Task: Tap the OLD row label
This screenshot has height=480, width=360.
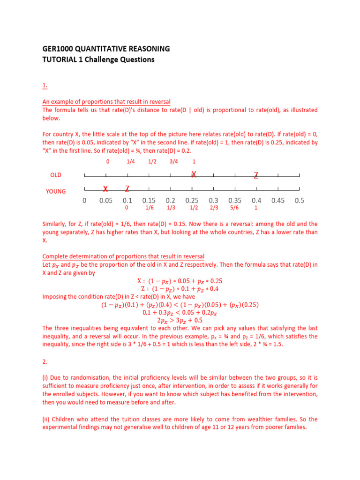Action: pos(56,175)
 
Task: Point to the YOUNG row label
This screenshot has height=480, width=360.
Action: pos(56,191)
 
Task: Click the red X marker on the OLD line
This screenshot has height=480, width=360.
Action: pos(193,174)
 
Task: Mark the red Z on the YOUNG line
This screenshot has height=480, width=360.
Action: pos(127,189)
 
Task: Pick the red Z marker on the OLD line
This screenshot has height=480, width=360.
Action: pos(256,175)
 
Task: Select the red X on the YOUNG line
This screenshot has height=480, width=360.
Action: pos(105,189)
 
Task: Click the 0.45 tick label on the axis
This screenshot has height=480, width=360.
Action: pos(278,201)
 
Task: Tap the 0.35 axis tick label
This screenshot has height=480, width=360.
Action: pos(235,201)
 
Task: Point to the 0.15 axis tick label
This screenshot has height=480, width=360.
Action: pos(149,201)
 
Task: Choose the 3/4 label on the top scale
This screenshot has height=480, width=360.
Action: pos(173,162)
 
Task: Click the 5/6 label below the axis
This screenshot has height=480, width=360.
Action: pos(234,208)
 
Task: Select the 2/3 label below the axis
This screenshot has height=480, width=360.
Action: pos(214,208)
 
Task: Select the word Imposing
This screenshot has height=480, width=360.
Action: pos(55,296)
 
